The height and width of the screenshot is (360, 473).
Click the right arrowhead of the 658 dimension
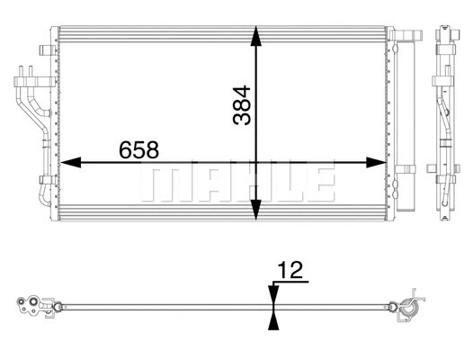[x=378, y=164]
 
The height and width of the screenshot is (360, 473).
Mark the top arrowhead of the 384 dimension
[x=258, y=36]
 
